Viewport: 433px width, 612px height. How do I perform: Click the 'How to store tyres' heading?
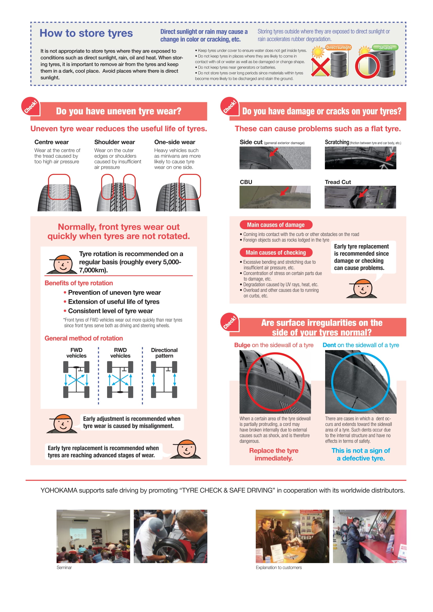click(x=86, y=33)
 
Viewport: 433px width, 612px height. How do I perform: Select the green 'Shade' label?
click(x=386, y=47)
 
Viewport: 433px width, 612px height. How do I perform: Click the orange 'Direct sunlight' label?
click(x=338, y=47)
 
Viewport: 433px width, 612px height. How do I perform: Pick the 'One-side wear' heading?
click(x=175, y=142)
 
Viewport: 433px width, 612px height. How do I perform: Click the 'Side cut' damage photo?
click(x=275, y=158)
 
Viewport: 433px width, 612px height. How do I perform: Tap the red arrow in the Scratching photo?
click(x=390, y=156)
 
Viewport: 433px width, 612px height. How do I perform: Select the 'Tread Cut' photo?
click(x=360, y=197)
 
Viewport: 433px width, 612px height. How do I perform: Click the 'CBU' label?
click(x=246, y=182)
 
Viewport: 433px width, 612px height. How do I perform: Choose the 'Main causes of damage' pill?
click(x=276, y=225)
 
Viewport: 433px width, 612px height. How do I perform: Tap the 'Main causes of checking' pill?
click(x=276, y=252)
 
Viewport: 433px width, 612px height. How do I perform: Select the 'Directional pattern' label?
click(x=164, y=353)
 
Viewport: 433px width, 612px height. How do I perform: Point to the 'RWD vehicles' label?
click(x=120, y=353)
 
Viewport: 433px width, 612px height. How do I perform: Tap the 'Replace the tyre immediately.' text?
click(x=274, y=454)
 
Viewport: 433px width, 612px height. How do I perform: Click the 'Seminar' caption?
click(x=64, y=568)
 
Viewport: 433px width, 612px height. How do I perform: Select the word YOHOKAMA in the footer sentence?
click(x=59, y=490)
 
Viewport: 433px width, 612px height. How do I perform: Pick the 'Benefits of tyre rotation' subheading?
click(x=79, y=283)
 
